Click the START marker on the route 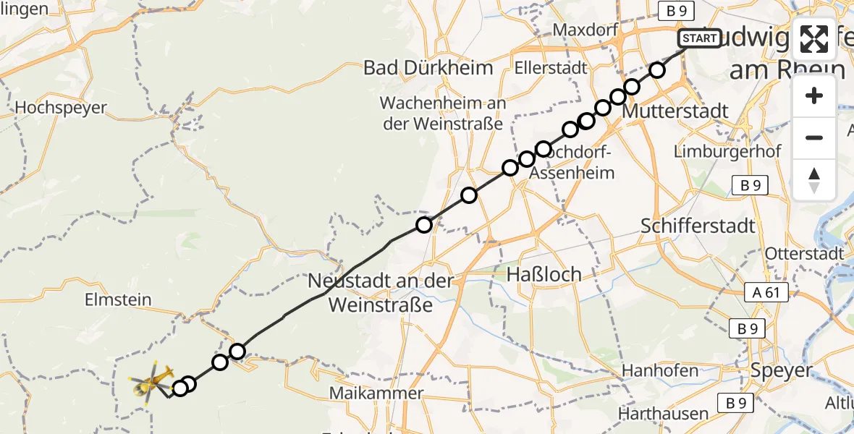[x=700, y=38]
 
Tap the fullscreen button [x=814, y=39]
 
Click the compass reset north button [x=814, y=179]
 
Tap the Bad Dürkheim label [x=428, y=68]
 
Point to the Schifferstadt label [x=698, y=226]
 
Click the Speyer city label [x=783, y=370]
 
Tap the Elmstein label [x=118, y=299]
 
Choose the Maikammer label [x=376, y=393]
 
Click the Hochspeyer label [x=61, y=108]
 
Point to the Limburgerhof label [x=727, y=152]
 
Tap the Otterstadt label [x=805, y=254]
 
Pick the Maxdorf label [x=584, y=30]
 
